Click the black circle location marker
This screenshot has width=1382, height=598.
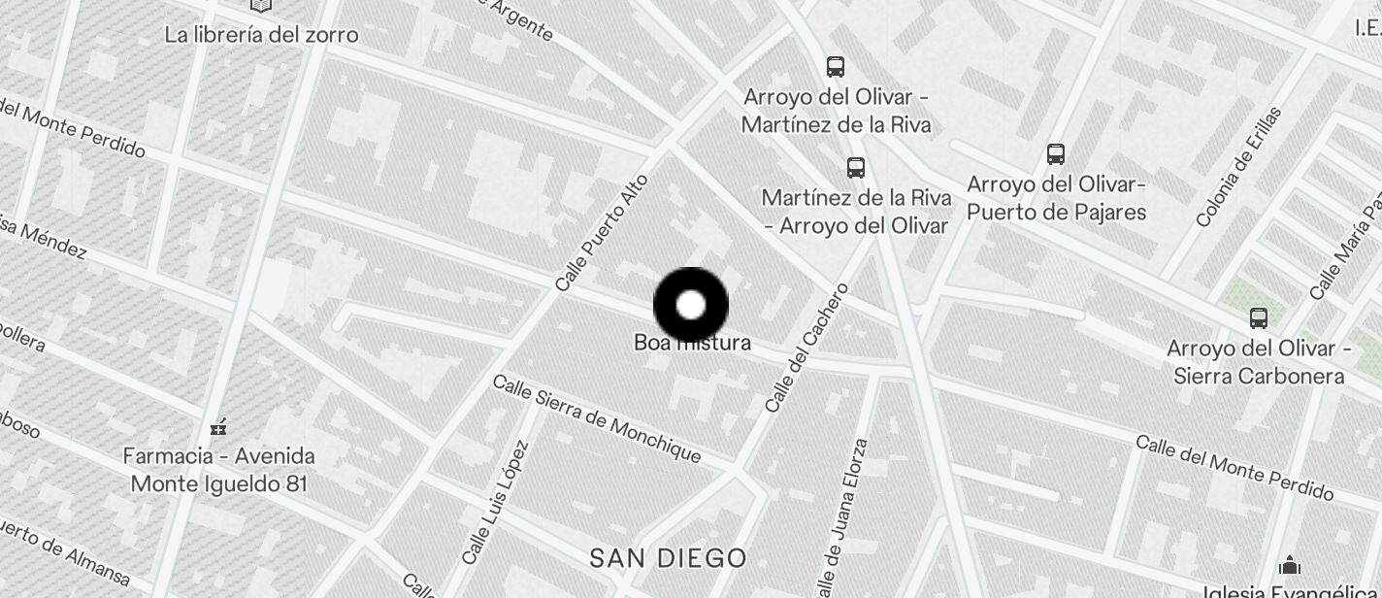[691, 305]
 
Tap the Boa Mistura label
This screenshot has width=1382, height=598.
[692, 343]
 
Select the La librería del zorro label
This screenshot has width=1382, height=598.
[261, 35]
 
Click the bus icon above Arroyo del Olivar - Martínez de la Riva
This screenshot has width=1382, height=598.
[836, 66]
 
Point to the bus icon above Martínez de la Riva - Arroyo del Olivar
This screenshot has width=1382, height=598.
[855, 167]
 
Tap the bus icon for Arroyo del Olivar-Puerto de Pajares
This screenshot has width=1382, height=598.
[1056, 153]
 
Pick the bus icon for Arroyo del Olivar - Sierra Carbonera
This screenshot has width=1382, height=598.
[1259, 317]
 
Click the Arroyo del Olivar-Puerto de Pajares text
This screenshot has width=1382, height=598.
[1057, 198]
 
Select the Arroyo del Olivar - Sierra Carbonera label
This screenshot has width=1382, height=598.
[1260, 362]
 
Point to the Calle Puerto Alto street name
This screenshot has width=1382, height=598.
[602, 233]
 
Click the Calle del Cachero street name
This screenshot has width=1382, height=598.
[806, 348]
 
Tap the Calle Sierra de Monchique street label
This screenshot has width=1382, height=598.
[597, 418]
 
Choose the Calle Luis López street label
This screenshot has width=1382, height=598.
[495, 503]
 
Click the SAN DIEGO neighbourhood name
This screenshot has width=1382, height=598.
[669, 558]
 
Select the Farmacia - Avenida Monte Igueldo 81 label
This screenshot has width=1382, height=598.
[219, 469]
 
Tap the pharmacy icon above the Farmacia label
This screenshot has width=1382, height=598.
[218, 426]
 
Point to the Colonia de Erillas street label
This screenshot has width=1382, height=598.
[1238, 167]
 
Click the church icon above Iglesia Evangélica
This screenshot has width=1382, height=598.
[1289, 564]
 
